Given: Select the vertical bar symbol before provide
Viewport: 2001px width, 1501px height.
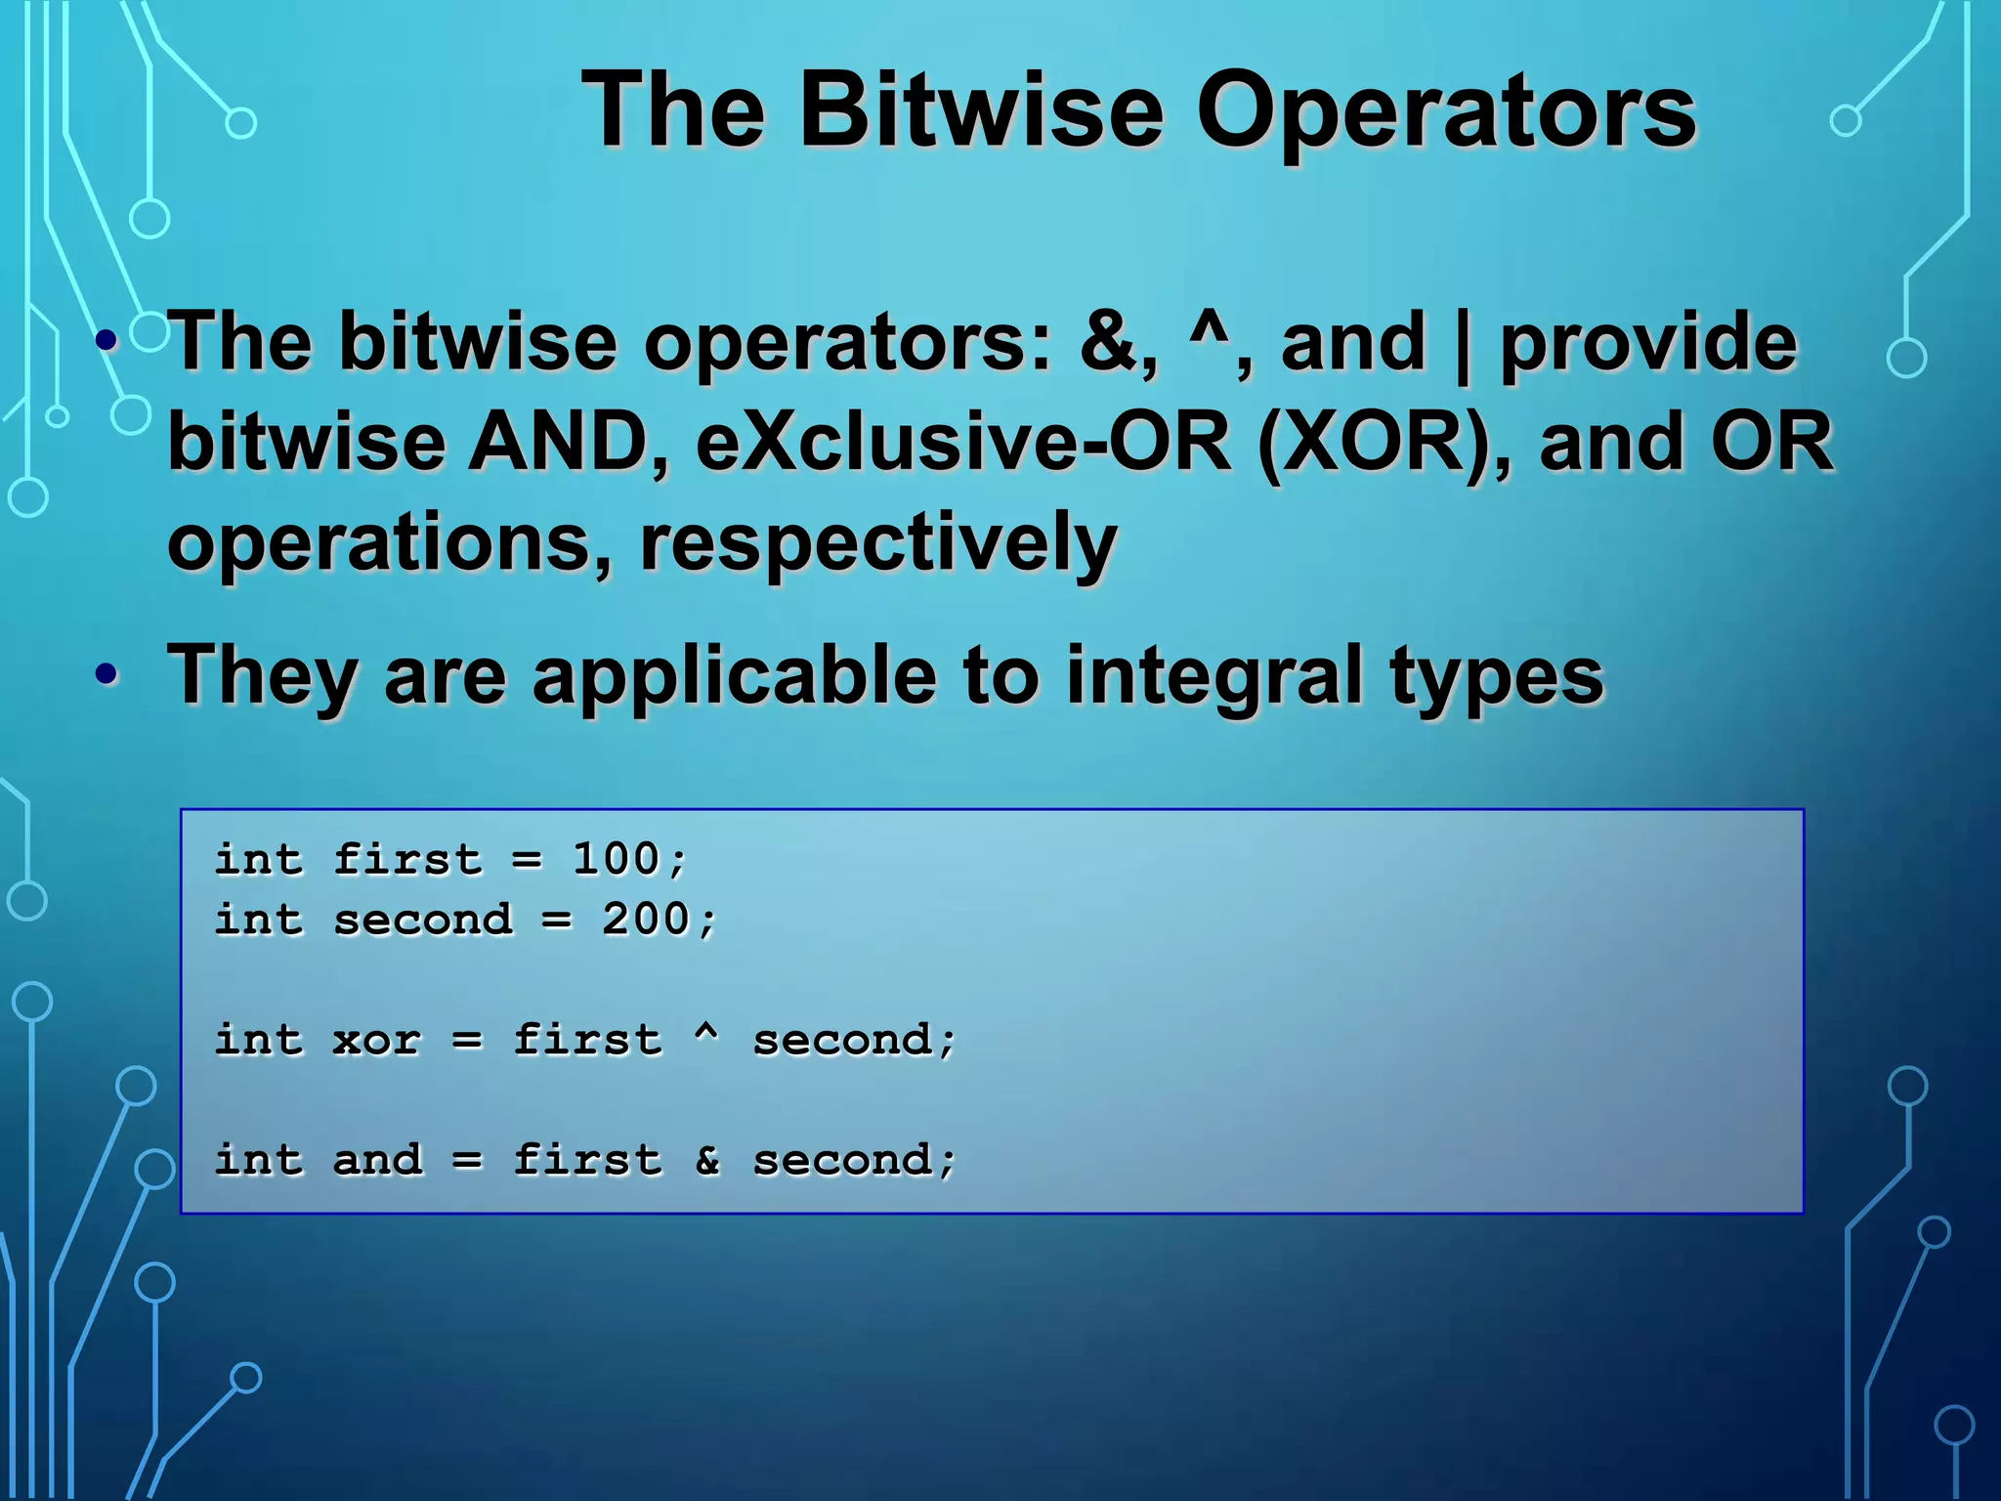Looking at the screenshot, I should [1463, 344].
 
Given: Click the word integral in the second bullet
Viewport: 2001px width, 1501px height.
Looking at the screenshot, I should [1213, 676].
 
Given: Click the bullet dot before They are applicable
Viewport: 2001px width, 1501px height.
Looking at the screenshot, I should [107, 674].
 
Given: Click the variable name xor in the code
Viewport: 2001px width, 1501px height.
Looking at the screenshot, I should [377, 1040].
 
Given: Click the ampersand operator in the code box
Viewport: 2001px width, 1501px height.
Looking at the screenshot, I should [707, 1160].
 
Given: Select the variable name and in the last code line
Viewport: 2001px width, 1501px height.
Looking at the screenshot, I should [377, 1160].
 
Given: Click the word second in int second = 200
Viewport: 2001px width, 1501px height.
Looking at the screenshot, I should [422, 920].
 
